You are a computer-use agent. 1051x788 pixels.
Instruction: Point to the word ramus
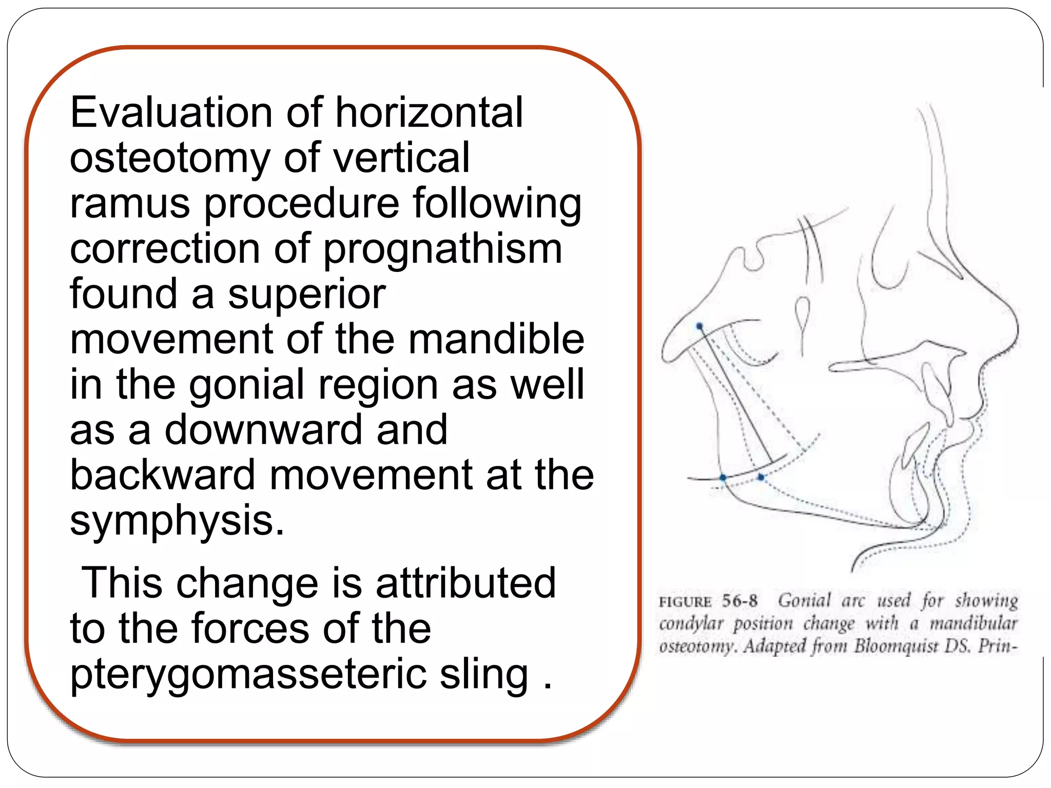point(130,204)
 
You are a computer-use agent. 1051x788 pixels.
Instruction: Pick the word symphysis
point(177,521)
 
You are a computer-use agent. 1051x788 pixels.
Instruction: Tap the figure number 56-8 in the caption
point(739,601)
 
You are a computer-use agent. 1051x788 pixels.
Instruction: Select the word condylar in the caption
point(691,624)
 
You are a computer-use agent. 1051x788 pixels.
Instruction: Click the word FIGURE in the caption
point(685,602)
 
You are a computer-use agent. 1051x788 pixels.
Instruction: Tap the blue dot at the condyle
point(699,326)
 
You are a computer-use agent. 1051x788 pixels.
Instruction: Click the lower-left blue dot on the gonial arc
point(723,478)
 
